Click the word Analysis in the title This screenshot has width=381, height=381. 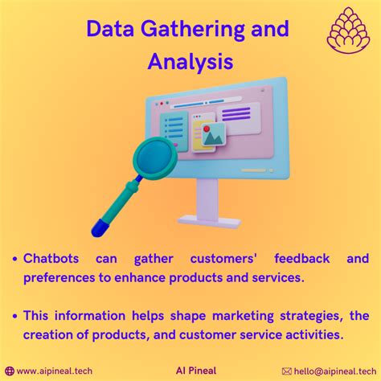click(190, 62)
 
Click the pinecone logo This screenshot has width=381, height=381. click(348, 30)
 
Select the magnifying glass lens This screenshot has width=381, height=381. click(155, 158)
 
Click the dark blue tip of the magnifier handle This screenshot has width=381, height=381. click(100, 228)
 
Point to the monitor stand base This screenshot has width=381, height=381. click(209, 222)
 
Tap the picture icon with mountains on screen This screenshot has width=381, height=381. click(213, 135)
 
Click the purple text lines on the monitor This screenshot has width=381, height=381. click(236, 113)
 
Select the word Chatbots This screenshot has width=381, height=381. click(51, 259)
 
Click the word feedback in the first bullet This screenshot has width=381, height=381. click(302, 259)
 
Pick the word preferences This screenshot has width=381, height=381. click(59, 278)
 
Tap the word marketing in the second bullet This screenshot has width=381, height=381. click(243, 316)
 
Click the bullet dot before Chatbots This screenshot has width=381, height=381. click(15, 259)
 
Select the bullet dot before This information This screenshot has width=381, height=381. click(15, 316)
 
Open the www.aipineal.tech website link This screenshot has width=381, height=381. click(55, 371)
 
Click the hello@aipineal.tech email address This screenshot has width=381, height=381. click(335, 371)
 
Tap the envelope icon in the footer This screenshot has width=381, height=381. click(287, 371)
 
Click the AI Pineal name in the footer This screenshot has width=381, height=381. click(196, 371)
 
